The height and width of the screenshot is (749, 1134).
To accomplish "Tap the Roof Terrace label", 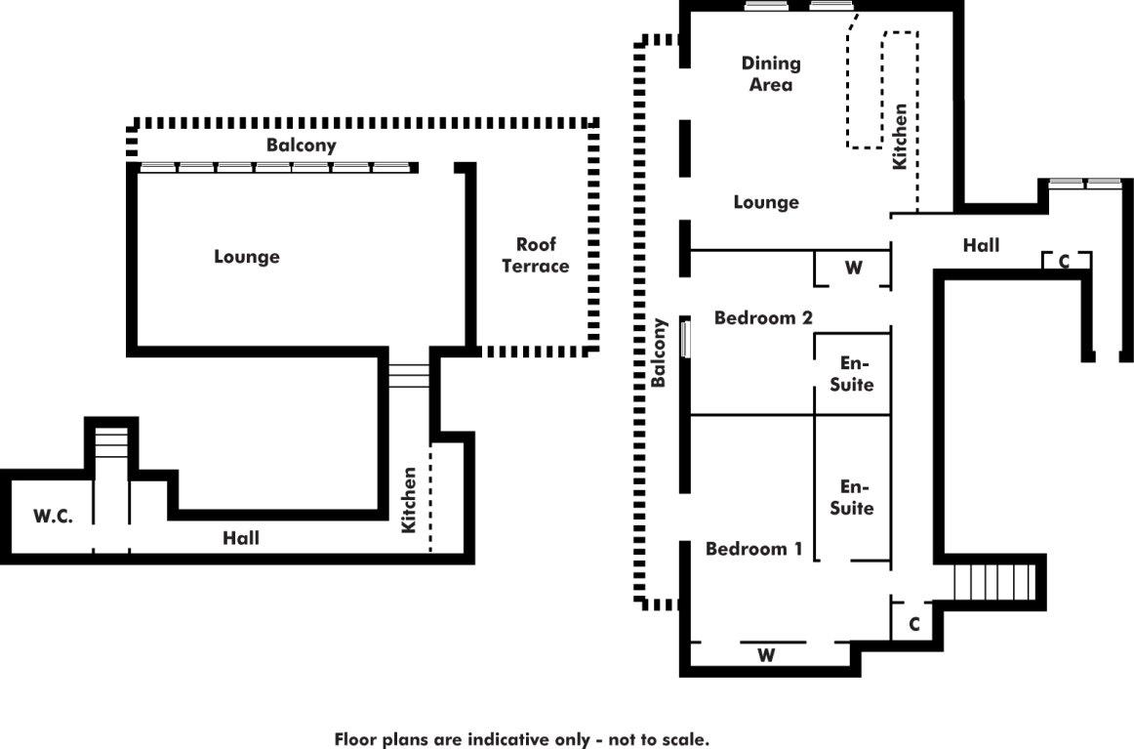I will click(x=536, y=255).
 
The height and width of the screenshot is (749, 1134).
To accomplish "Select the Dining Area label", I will click(x=771, y=73).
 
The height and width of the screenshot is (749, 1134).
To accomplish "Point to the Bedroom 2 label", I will click(x=763, y=317).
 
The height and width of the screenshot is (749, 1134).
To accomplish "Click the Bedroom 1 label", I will click(x=753, y=549).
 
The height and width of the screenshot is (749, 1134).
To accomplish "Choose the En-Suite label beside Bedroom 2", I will click(x=851, y=373).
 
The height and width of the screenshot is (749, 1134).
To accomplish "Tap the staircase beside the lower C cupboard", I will click(x=993, y=584).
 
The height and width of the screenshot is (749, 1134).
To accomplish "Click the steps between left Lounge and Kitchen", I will click(x=410, y=376).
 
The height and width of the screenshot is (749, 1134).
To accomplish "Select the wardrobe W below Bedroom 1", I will click(x=767, y=655).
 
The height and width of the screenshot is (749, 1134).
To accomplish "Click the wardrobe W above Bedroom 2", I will click(x=854, y=269).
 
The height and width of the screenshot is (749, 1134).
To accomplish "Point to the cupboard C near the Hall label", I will click(x=1065, y=262).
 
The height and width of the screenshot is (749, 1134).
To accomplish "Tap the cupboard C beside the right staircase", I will click(x=914, y=624).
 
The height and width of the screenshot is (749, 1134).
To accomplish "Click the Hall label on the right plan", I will click(x=981, y=245).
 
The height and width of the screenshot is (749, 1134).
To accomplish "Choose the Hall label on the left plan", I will click(x=241, y=537).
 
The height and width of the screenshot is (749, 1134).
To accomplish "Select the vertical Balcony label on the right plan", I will click(x=659, y=353).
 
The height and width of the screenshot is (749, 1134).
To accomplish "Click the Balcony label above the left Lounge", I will click(x=302, y=146).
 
